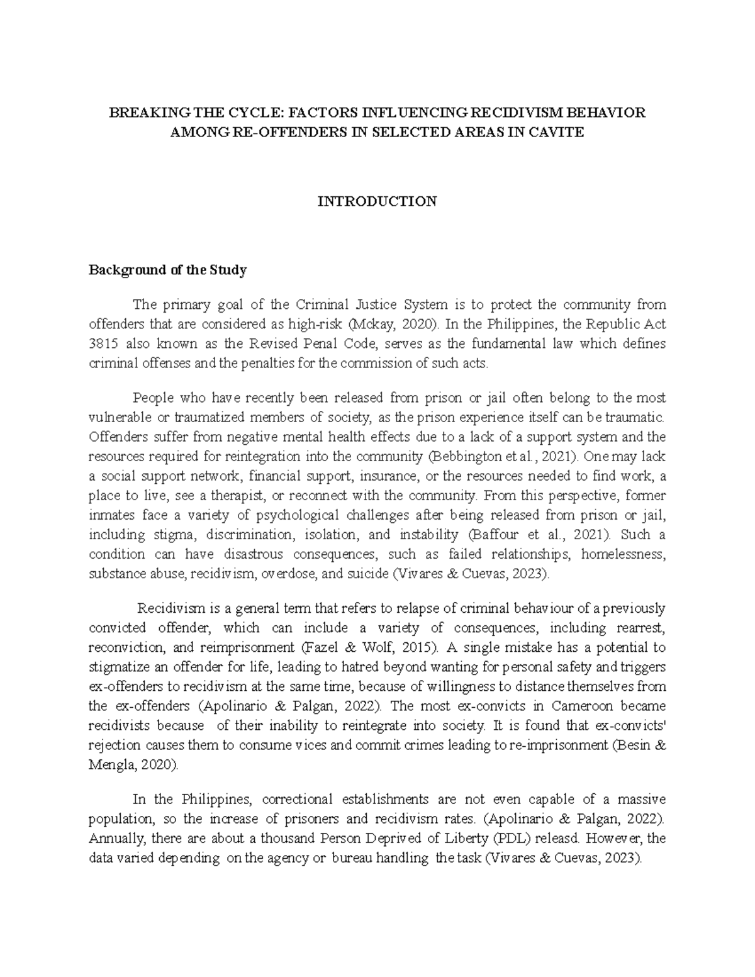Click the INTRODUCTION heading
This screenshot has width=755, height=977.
tap(377, 202)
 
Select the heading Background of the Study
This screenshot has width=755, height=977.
tap(167, 271)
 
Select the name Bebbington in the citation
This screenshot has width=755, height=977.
tap(459, 456)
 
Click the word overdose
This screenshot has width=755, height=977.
tap(288, 574)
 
